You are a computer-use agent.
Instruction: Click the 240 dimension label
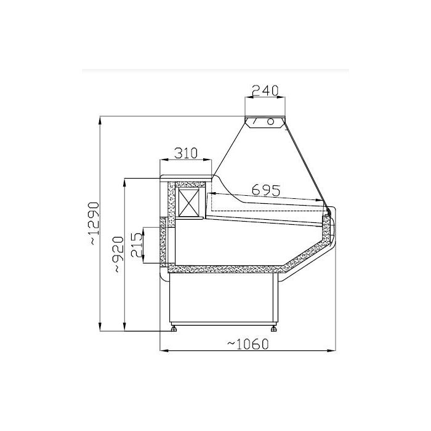266,90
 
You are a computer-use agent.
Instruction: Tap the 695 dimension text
266,190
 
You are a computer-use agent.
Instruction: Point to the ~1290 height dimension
92,224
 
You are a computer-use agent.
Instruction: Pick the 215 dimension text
137,246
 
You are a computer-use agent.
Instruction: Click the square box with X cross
190,202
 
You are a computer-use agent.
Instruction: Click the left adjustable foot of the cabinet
176,328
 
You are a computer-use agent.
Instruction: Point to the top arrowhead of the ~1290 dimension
100,119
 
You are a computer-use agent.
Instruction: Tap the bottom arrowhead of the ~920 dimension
125,328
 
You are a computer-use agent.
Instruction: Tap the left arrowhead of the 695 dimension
211,193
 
